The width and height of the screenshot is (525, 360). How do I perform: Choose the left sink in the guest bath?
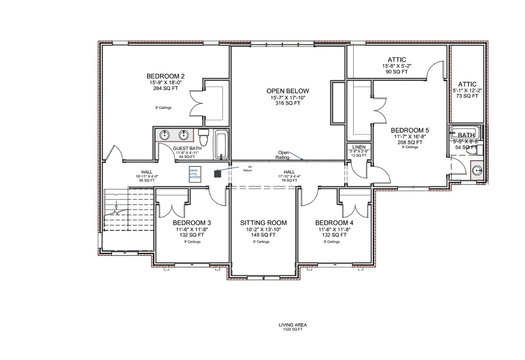(165, 134)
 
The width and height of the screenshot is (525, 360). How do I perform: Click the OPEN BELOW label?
(284, 91)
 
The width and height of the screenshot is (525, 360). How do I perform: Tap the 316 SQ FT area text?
(284, 103)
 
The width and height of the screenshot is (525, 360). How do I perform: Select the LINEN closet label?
(358, 147)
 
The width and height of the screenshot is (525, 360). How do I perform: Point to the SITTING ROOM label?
(262, 223)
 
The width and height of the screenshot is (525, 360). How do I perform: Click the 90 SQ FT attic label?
(397, 72)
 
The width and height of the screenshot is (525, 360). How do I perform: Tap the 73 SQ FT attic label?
(467, 96)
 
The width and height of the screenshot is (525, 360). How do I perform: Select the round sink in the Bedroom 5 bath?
(476, 171)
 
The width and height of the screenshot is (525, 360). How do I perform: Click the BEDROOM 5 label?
(409, 130)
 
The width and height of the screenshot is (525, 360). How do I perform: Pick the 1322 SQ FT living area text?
(293, 329)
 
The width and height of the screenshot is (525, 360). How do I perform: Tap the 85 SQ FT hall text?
(147, 180)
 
